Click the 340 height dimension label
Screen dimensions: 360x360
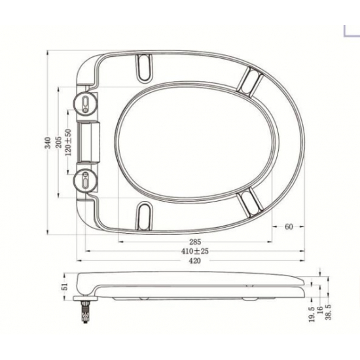[47, 143]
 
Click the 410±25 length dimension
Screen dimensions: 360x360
[194, 251]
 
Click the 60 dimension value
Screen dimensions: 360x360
[289, 227]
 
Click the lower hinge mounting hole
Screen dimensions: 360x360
[85, 180]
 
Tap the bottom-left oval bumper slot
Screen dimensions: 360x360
[145, 214]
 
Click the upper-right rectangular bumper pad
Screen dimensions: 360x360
[250, 80]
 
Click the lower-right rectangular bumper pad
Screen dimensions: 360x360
[249, 200]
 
